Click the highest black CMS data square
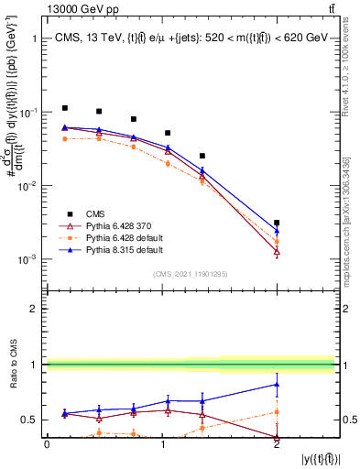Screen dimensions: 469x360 [64, 108]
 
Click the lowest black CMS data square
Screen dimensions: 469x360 [277, 223]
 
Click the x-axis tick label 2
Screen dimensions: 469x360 [277, 444]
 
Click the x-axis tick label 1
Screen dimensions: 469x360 [162, 444]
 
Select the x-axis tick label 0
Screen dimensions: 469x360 [47, 444]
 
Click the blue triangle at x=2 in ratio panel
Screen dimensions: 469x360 [277, 385]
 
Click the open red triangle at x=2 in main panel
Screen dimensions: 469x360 [277, 251]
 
